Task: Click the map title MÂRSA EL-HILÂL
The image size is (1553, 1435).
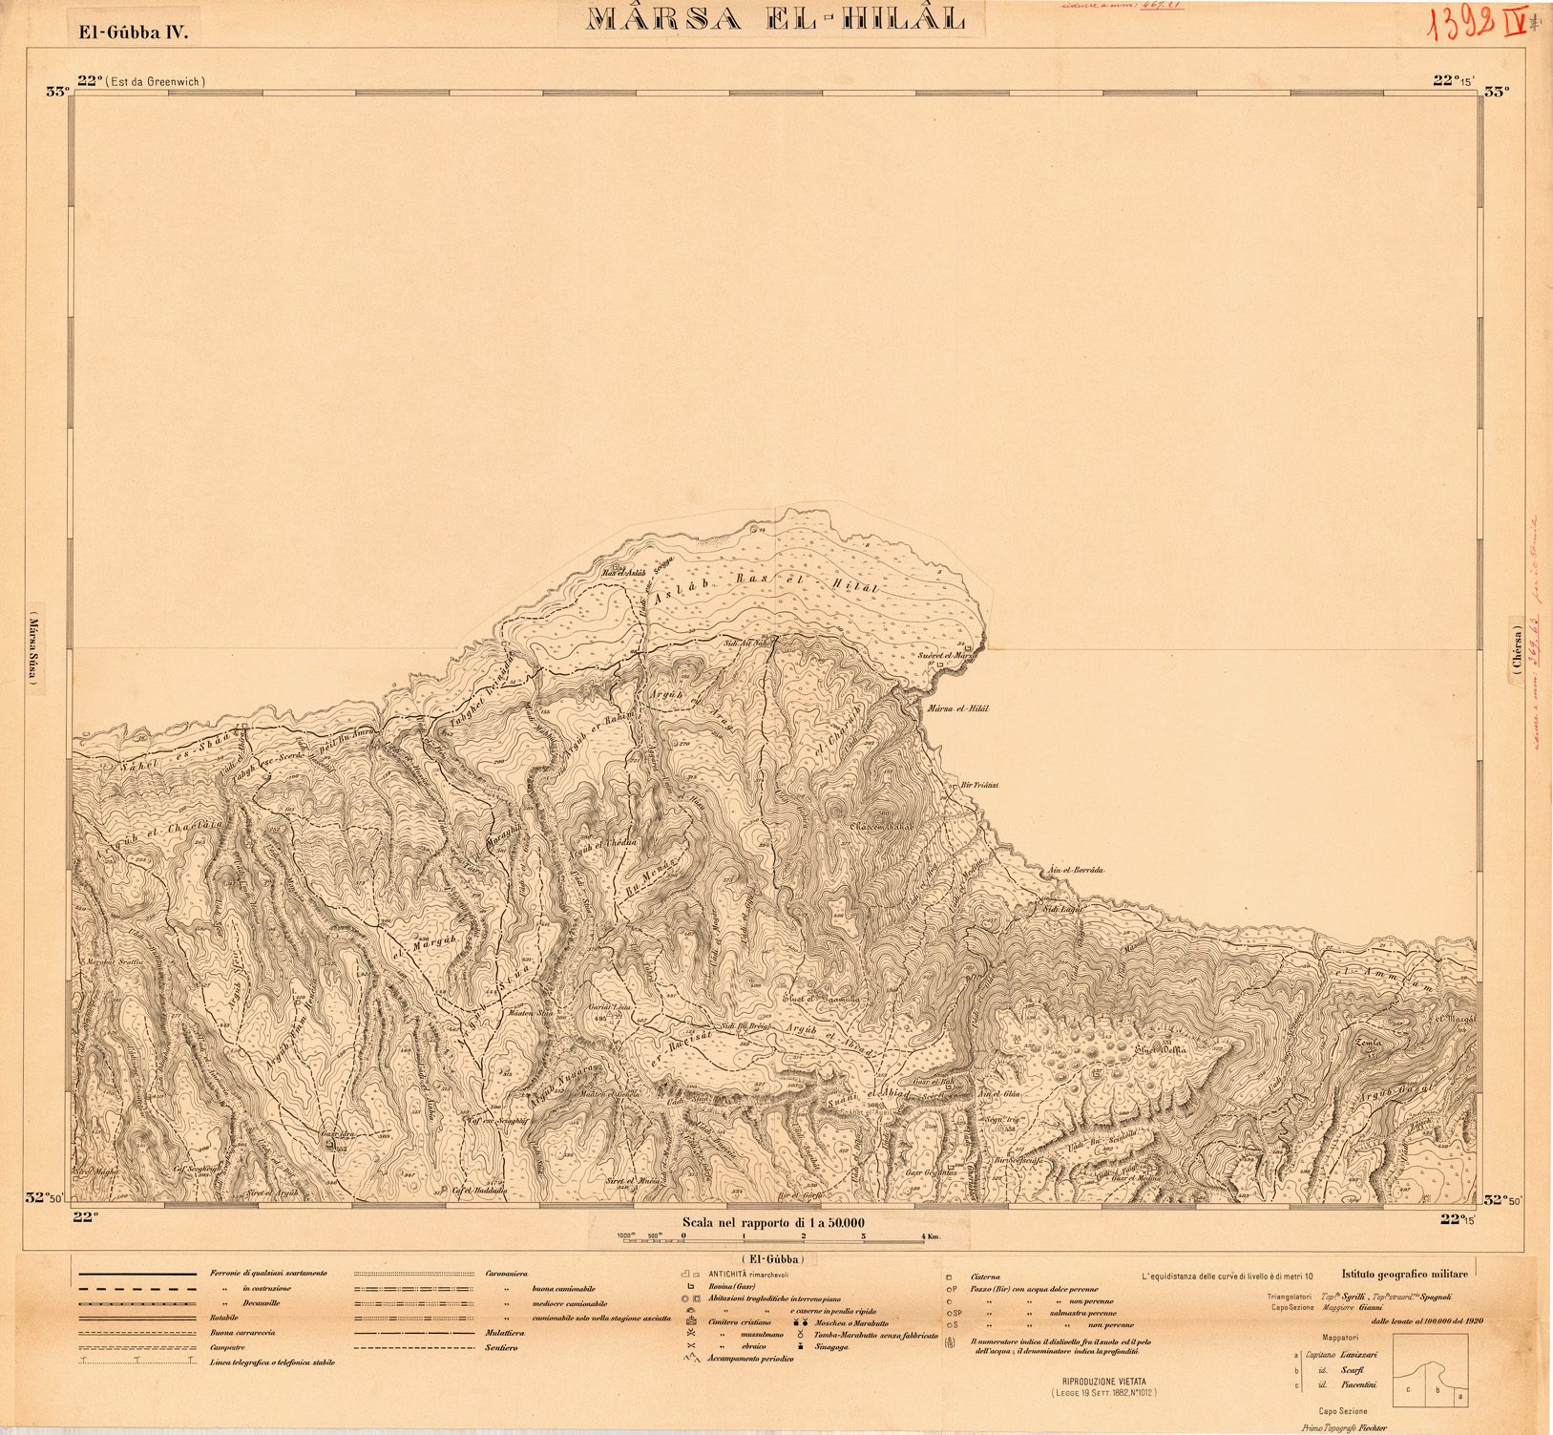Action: (x=775, y=19)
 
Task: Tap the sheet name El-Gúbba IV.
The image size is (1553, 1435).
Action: (x=134, y=32)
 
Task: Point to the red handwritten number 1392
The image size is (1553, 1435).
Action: (x=1460, y=26)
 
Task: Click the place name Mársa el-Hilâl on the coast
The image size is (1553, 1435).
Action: (x=958, y=709)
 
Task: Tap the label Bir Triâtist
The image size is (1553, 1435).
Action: (x=979, y=785)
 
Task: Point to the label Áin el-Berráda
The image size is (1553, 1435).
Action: (x=1075, y=870)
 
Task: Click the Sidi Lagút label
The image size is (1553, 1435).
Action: (x=1062, y=909)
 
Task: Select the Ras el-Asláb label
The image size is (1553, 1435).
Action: (x=624, y=572)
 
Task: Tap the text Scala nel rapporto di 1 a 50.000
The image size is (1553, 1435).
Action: (x=773, y=1222)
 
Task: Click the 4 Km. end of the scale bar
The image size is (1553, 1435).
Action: (x=927, y=1236)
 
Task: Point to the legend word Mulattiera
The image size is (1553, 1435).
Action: (x=505, y=1333)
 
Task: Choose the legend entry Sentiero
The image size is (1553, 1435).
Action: (x=501, y=1348)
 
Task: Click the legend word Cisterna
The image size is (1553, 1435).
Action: (x=985, y=1277)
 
